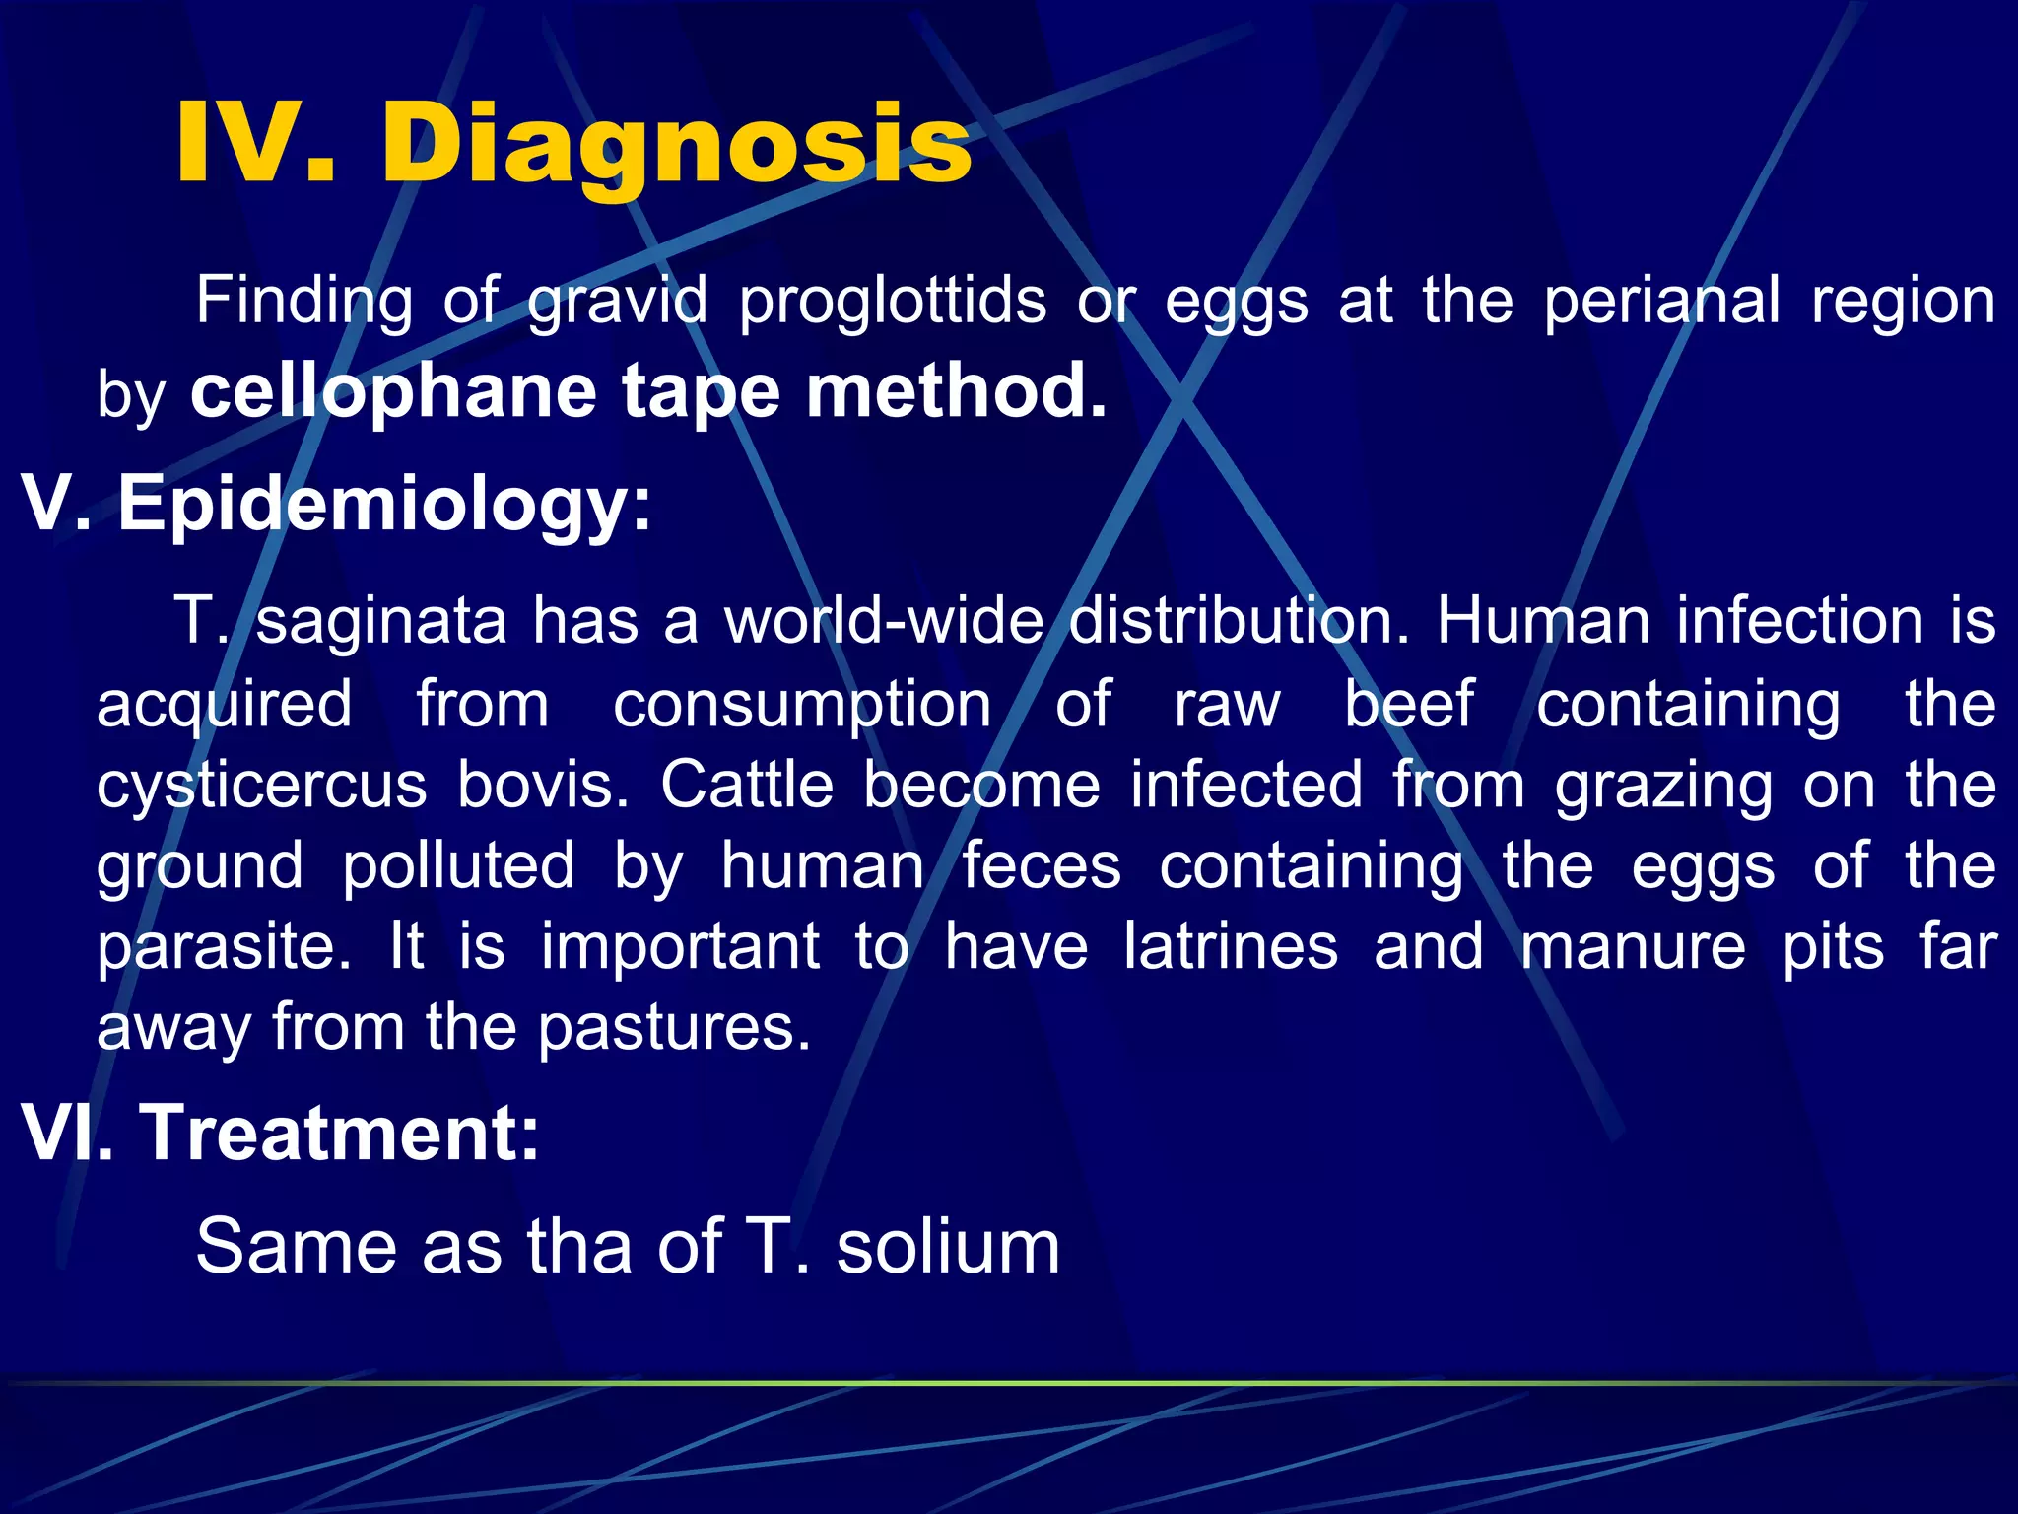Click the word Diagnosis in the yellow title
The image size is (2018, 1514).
tap(676, 146)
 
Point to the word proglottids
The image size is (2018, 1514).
tap(893, 301)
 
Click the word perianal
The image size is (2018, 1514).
tap(1661, 301)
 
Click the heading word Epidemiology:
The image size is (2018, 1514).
tap(384, 504)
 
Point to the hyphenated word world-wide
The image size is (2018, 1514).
tap(883, 621)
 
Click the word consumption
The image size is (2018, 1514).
tap(802, 705)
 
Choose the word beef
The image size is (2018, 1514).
tap(1409, 704)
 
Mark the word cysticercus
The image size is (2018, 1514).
tap(262, 787)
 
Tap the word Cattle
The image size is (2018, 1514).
tap(747, 785)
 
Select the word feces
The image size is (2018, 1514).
tap(1042, 866)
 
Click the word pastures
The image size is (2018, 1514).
tap(674, 1028)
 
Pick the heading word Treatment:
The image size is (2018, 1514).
tap(341, 1134)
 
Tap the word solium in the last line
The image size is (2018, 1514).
tap(948, 1247)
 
